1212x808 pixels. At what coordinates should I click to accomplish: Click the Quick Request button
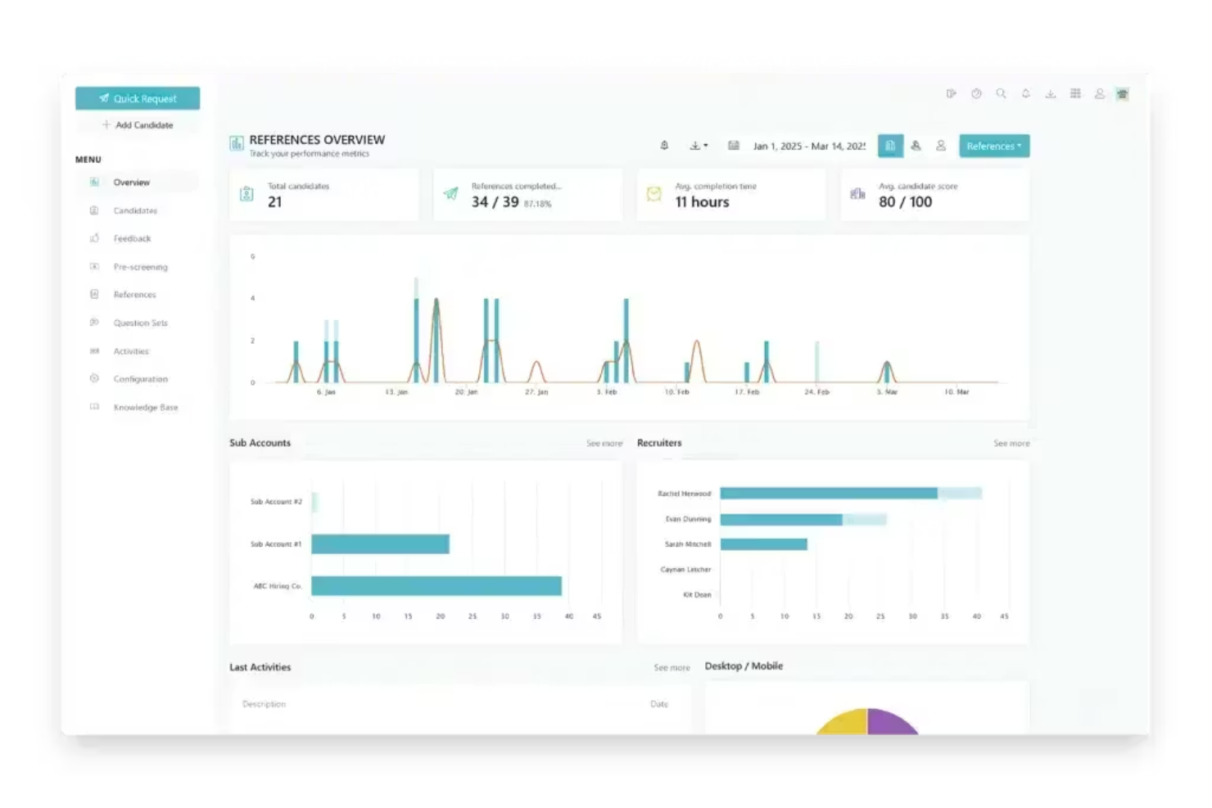(138, 98)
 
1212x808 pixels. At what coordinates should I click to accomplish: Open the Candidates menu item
(135, 211)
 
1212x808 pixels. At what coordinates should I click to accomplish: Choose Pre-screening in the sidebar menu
(140, 267)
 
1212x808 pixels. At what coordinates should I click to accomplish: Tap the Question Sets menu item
(140, 323)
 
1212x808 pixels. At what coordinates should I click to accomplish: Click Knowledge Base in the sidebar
(145, 408)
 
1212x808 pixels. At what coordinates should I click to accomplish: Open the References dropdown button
(993, 147)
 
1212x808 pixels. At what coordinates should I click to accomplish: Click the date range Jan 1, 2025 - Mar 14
(808, 147)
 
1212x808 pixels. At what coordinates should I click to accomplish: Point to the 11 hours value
(702, 202)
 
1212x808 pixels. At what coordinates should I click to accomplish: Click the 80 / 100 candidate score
(905, 202)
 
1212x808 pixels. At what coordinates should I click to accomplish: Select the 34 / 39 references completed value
(495, 202)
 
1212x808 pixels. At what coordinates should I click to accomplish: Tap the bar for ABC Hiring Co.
(436, 586)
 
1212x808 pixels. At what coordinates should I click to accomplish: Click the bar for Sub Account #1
(380, 544)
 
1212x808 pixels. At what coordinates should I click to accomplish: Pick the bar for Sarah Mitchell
(763, 544)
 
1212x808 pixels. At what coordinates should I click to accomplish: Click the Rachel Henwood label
(684, 494)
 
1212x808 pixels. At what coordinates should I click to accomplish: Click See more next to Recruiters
(1011, 444)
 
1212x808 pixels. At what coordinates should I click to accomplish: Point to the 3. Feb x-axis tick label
(606, 392)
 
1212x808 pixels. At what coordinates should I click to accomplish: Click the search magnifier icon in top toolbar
(1001, 94)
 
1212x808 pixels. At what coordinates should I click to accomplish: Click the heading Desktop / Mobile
(744, 666)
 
